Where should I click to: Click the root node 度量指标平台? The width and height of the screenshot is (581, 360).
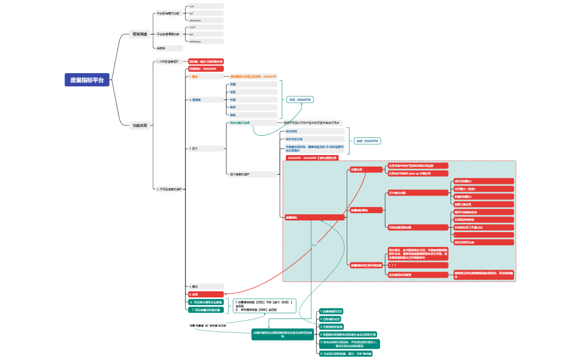pos(87,80)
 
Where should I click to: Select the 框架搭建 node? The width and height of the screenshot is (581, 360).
pos(140,34)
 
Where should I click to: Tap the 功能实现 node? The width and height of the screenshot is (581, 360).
pos(140,126)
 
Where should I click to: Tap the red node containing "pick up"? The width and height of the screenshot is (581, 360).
pos(418,173)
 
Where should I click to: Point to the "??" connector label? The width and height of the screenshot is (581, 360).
pos(314,244)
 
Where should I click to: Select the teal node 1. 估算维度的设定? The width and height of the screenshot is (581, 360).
pos(332,311)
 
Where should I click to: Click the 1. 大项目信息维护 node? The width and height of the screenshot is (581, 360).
pos(168,61)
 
